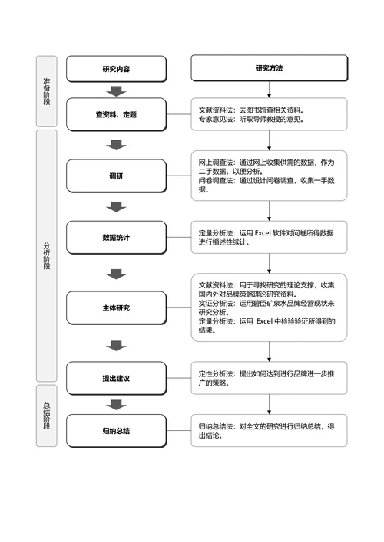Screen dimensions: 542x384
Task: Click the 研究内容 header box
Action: click(x=116, y=69)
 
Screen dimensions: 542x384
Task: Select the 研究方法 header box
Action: click(x=269, y=69)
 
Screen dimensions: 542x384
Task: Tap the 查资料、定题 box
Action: click(x=116, y=114)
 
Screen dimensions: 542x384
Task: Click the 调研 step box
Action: click(x=116, y=176)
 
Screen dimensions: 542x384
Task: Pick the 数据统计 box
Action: click(x=116, y=238)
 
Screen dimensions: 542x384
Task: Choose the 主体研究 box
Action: click(x=116, y=307)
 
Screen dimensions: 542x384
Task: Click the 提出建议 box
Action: click(x=116, y=378)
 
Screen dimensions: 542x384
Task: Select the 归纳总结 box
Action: click(x=116, y=431)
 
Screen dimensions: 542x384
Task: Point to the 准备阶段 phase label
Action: click(x=47, y=91)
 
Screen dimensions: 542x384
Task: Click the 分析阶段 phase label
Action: click(x=47, y=255)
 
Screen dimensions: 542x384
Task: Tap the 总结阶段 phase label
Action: click(x=47, y=416)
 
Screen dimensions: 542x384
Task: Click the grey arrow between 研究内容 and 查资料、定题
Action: click(x=116, y=91)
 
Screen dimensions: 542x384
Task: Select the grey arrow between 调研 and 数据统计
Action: click(x=116, y=206)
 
